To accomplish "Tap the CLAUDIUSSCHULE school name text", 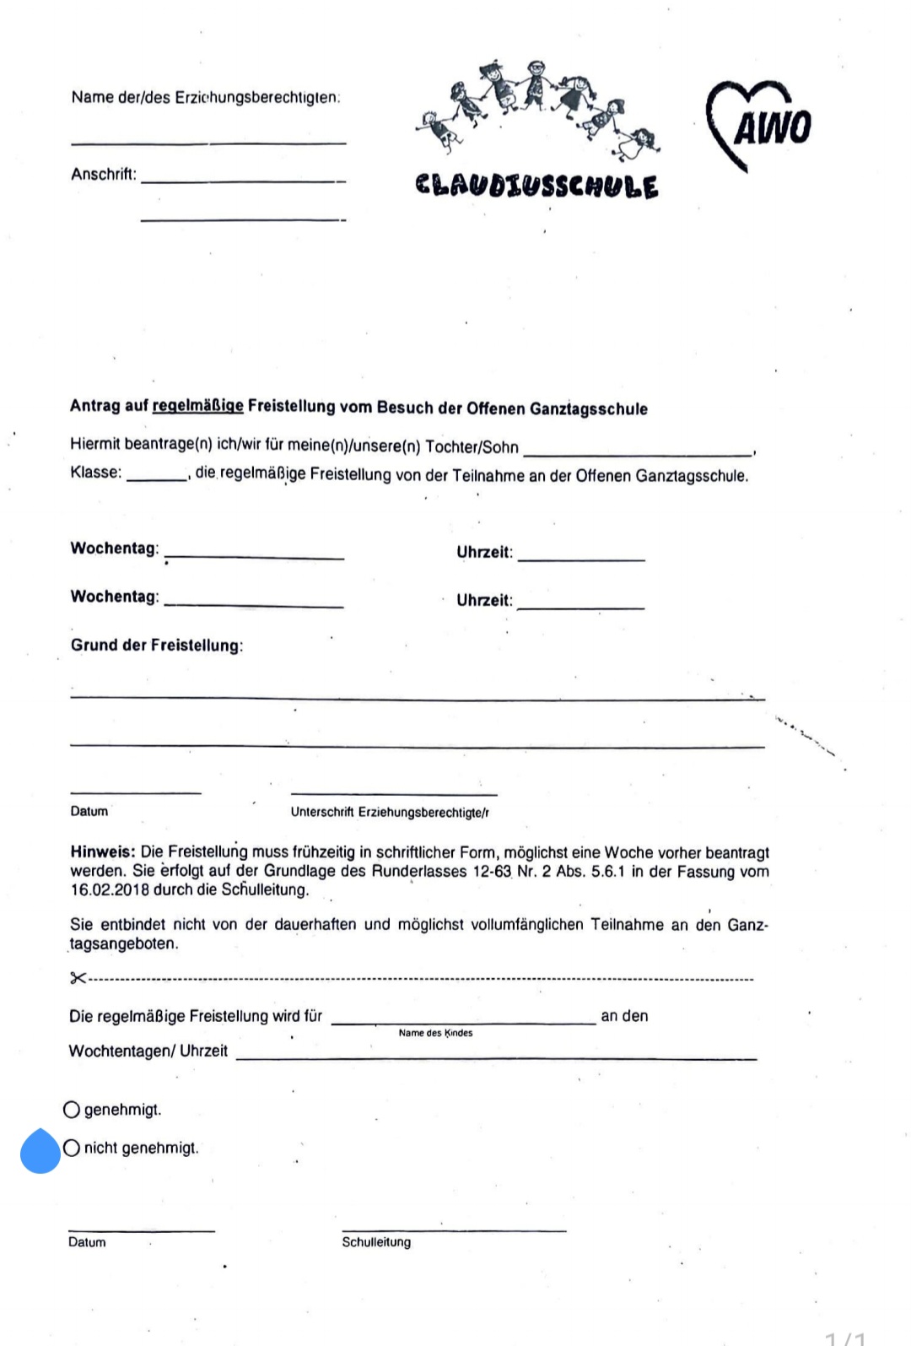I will [536, 186].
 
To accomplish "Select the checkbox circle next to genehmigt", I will [72, 1109].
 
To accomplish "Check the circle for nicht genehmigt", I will [72, 1148].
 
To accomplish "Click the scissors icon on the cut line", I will [78, 978].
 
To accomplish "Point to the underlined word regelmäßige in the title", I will [197, 406].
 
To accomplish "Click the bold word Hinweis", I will [102, 852].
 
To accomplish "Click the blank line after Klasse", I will [157, 478].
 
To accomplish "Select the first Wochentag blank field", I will [254, 556].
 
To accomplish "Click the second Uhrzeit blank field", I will [581, 606].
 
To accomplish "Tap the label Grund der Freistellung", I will [156, 646].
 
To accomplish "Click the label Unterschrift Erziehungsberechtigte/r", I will [390, 813].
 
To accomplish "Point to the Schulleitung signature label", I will [376, 1242].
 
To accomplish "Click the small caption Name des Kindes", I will [435, 1033].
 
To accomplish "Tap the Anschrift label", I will [103, 175].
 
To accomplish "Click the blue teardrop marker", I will [40, 1151].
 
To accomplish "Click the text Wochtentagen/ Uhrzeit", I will [148, 1051].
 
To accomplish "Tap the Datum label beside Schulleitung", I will [87, 1242].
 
